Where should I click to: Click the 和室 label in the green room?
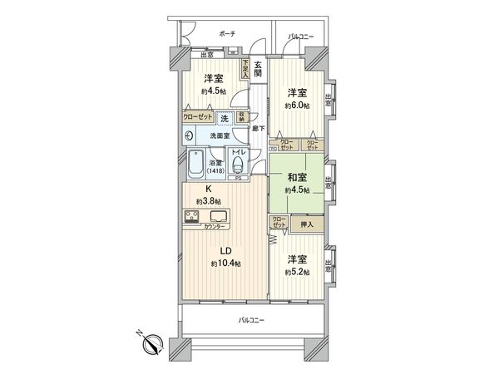click(x=297, y=176)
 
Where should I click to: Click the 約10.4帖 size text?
click(x=225, y=263)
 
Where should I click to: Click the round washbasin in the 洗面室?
click(x=190, y=135)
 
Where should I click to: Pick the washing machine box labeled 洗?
click(x=225, y=118)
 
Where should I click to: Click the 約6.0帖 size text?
click(x=297, y=106)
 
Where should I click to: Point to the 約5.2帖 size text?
click(x=297, y=273)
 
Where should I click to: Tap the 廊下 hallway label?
click(x=259, y=127)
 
